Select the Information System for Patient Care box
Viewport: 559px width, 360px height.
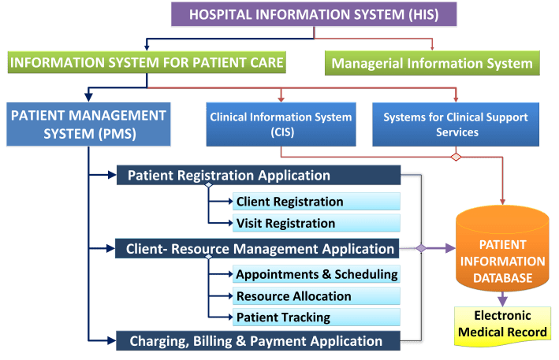click(146, 61)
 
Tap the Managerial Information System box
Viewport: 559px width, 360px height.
click(431, 62)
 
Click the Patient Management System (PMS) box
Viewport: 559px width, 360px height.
click(88, 124)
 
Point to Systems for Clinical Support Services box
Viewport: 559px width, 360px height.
click(455, 124)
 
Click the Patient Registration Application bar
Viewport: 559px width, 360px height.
click(259, 175)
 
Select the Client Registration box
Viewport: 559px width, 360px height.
click(317, 202)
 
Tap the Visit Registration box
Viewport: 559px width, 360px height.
click(317, 223)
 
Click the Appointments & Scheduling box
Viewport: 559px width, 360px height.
click(317, 274)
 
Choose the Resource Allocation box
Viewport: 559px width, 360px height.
click(317, 296)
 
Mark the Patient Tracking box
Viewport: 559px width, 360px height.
click(317, 317)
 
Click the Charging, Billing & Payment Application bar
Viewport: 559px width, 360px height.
click(259, 341)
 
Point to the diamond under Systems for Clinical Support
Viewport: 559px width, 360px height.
click(455, 157)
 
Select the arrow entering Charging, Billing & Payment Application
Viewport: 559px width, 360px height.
click(107, 341)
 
